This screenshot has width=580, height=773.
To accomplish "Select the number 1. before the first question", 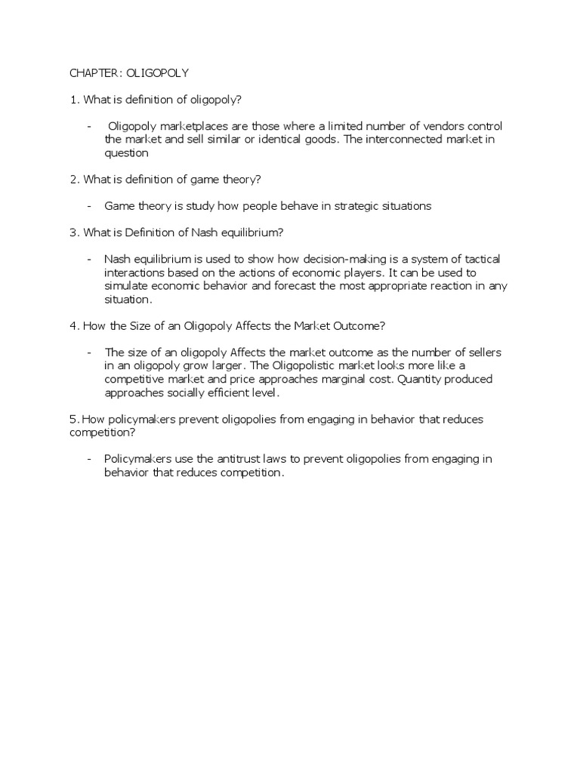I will click(74, 100).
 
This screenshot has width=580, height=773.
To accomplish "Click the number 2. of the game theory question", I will click(74, 179).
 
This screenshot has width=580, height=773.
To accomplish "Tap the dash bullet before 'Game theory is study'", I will click(90, 206).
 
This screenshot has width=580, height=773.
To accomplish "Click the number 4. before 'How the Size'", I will click(74, 325).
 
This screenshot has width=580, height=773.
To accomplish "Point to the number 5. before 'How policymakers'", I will click(74, 419).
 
